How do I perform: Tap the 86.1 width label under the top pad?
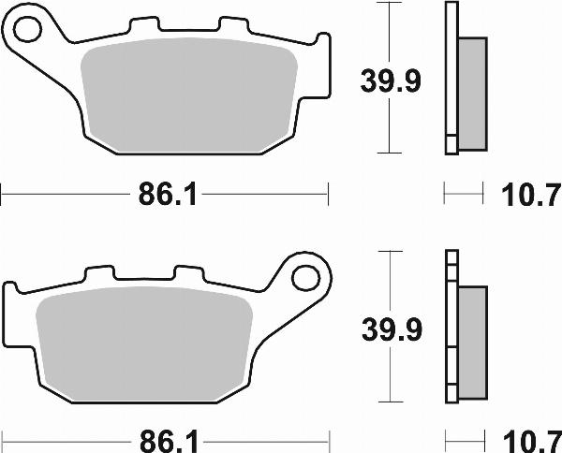click(x=165, y=196)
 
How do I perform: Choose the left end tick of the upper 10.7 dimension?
click(x=445, y=196)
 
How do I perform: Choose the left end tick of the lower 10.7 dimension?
click(x=445, y=438)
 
